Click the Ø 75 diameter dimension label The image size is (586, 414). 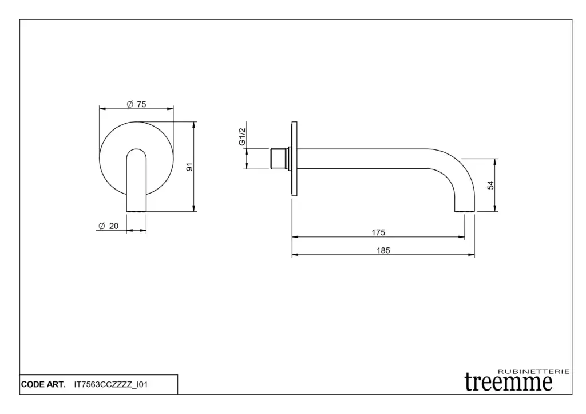(x=136, y=104)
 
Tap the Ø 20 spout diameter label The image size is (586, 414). (x=108, y=226)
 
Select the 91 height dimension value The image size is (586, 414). (x=189, y=167)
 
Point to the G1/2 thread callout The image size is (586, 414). (x=242, y=136)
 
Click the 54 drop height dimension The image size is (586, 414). (x=490, y=185)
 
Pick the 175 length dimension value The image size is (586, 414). (x=378, y=232)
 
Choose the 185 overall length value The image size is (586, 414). (x=383, y=251)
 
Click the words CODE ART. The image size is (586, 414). (x=43, y=384)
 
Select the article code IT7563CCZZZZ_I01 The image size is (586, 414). (x=111, y=384)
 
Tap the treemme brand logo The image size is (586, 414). (x=508, y=382)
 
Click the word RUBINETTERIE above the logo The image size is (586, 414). (x=534, y=372)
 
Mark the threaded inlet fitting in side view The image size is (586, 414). (x=279, y=159)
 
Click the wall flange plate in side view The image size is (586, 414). (x=295, y=159)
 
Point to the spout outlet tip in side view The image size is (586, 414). (x=465, y=210)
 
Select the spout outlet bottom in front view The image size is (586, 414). (x=136, y=211)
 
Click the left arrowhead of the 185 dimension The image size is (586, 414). (x=295, y=255)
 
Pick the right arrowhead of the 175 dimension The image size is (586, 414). (x=462, y=237)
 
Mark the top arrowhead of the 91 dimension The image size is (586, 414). (x=193, y=125)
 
